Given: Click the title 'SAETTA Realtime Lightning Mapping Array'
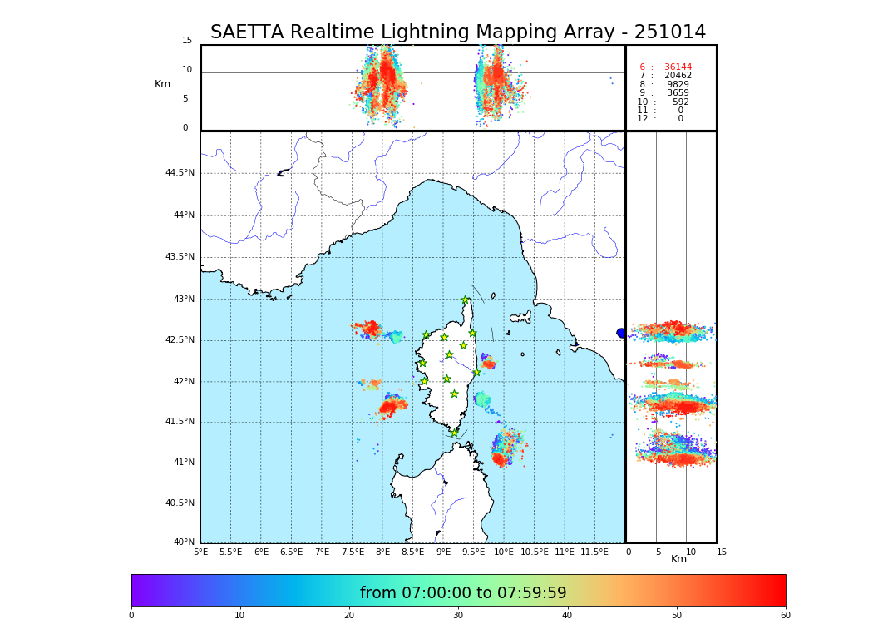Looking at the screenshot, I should pos(458,32).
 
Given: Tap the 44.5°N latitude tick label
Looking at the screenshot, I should pos(180,173).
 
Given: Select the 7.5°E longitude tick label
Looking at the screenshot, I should pos(353,552).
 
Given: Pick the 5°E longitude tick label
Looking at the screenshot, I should pos(201,552).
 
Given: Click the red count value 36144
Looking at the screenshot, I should pos(678,67).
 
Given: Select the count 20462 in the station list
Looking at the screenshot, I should pos(678,76).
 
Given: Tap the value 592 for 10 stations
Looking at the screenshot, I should pos(681,102).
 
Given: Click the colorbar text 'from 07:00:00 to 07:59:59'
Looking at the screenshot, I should pos(463,593).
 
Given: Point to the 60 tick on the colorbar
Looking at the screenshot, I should pos(785,616).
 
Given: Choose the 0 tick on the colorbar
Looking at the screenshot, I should pos(131,616).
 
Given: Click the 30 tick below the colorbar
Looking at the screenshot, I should pos(458,616).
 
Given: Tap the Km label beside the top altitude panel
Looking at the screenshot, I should pos(162,84).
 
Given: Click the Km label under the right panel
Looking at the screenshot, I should pos(679,560).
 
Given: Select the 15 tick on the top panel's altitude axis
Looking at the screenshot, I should pos(187,41).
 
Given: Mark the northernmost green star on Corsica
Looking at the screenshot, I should pos(466,300).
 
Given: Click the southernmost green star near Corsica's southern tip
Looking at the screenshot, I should pos(454,433).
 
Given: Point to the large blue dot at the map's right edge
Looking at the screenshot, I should pos(621,333).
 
